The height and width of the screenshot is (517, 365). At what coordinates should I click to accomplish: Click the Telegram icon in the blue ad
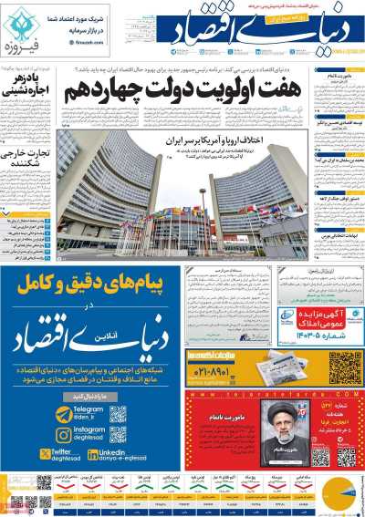(62, 415)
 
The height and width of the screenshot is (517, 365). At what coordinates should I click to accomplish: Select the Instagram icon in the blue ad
(62, 435)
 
